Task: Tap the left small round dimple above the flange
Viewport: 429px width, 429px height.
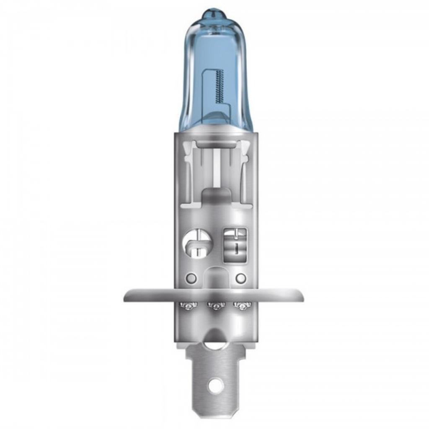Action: (x=191, y=277)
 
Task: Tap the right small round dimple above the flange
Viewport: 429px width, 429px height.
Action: (x=240, y=277)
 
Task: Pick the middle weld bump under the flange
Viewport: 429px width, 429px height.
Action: (x=216, y=307)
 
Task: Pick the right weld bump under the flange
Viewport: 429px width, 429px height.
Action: (x=240, y=307)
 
